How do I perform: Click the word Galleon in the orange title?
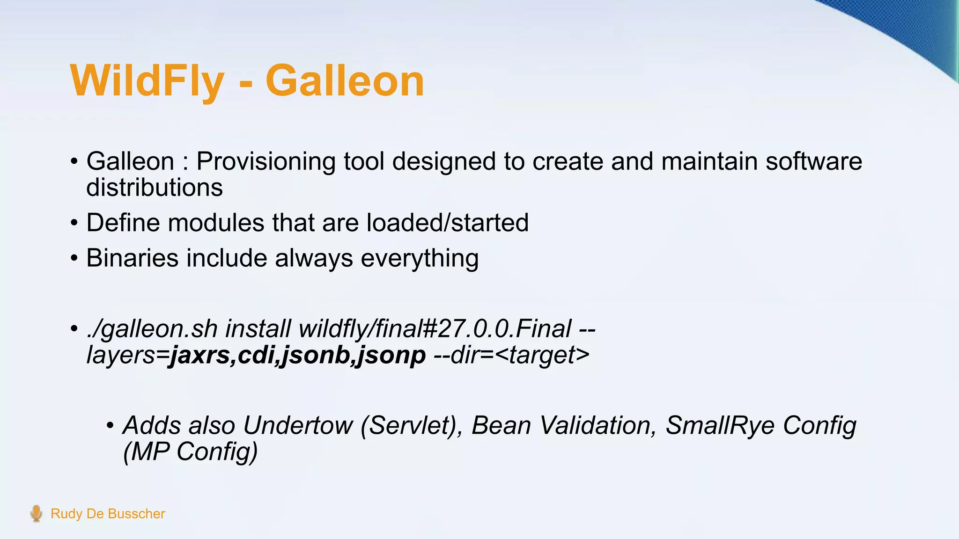pyautogui.click(x=345, y=81)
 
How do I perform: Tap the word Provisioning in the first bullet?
pyautogui.click(x=266, y=161)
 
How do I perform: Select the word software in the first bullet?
pyautogui.click(x=813, y=161)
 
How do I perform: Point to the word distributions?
pyautogui.click(x=155, y=188)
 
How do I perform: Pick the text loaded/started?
pyautogui.click(x=447, y=223)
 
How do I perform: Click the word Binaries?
pyautogui.click(x=133, y=258)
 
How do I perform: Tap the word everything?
pyautogui.click(x=420, y=258)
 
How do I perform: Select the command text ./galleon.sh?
pyautogui.click(x=152, y=328)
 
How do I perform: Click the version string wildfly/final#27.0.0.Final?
pyautogui.click(x=435, y=328)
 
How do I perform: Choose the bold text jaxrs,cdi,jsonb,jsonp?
pyautogui.click(x=298, y=355)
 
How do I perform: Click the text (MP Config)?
pyautogui.click(x=190, y=452)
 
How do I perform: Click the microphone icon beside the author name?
pyautogui.click(x=36, y=514)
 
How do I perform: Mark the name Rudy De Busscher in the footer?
pyautogui.click(x=108, y=514)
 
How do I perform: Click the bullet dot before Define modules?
pyautogui.click(x=74, y=223)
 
